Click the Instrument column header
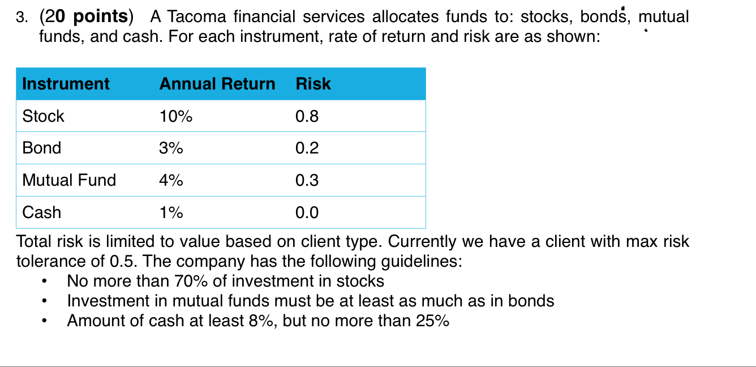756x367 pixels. pyautogui.click(x=66, y=84)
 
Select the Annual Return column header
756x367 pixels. pyautogui.click(x=217, y=84)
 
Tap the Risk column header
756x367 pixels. pyautogui.click(x=313, y=84)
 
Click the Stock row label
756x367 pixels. pyautogui.click(x=43, y=116)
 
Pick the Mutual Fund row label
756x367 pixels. pyautogui.click(x=69, y=180)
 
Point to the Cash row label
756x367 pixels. pyautogui.click(x=41, y=212)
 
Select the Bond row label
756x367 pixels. pyautogui.click(x=41, y=148)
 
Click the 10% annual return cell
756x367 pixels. pyautogui.click(x=176, y=116)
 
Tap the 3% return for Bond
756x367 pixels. pyautogui.click(x=171, y=148)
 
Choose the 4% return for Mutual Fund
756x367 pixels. pyautogui.click(x=171, y=180)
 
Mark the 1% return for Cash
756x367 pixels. pyautogui.click(x=171, y=212)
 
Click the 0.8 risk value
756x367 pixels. pyautogui.click(x=307, y=116)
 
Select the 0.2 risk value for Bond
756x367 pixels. pyautogui.click(x=307, y=148)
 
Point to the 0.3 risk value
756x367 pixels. pyautogui.click(x=307, y=180)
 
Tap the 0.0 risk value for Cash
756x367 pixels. pyautogui.click(x=307, y=212)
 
